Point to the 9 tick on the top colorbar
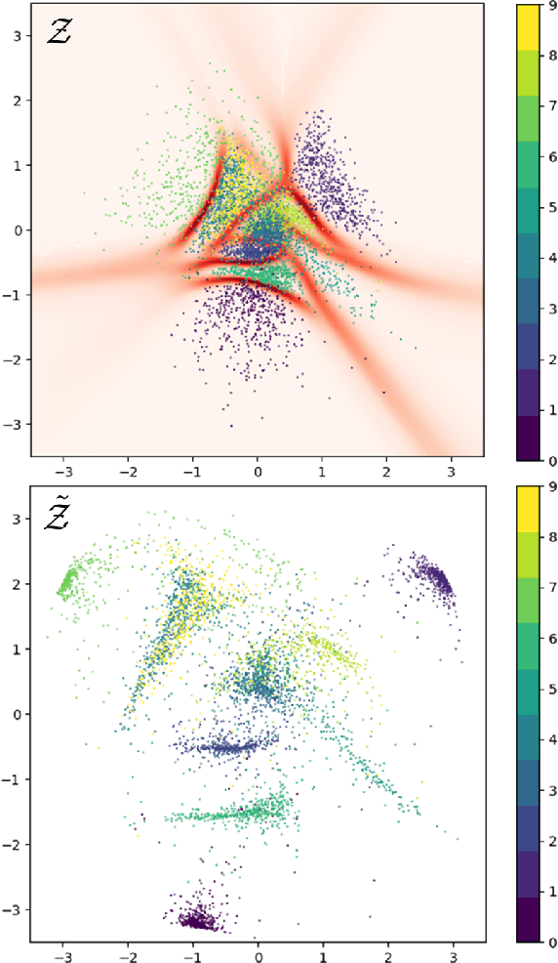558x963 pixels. click(551, 5)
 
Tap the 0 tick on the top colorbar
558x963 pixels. click(551, 460)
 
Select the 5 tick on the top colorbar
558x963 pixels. click(551, 207)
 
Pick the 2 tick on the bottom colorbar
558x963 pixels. click(551, 842)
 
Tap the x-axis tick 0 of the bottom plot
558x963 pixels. click(258, 953)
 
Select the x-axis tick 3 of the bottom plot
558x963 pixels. click(452, 953)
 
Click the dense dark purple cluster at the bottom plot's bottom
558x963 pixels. click(198, 919)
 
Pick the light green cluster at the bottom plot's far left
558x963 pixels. click(68, 583)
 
